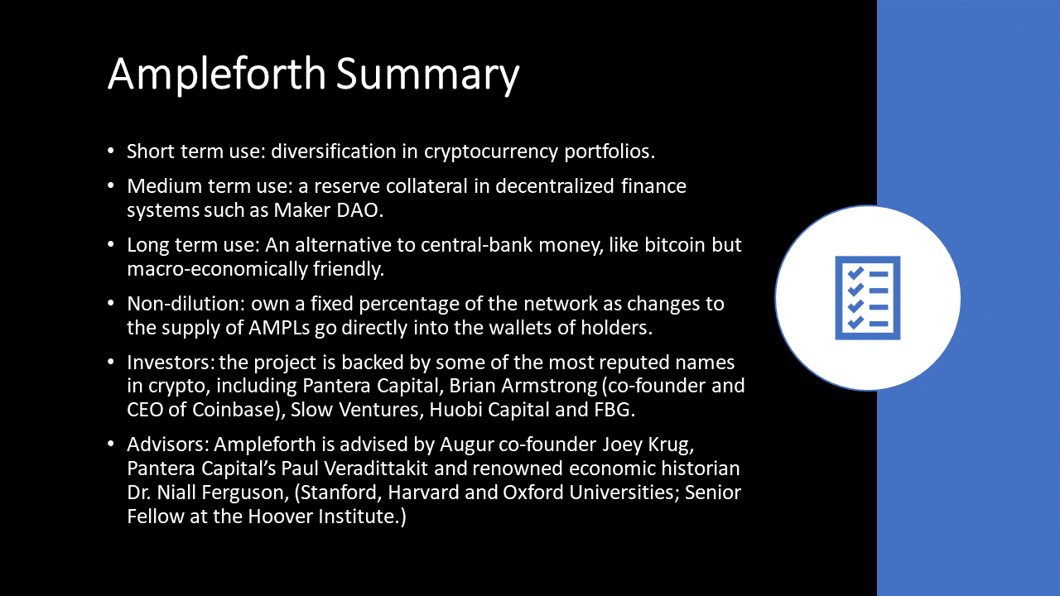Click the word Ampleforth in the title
click(x=217, y=74)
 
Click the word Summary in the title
click(x=428, y=74)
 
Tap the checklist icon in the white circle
click(x=867, y=298)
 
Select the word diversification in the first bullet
click(x=334, y=151)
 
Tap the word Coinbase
click(x=234, y=410)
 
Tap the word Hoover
click(x=280, y=516)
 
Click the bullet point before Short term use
click(x=111, y=151)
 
